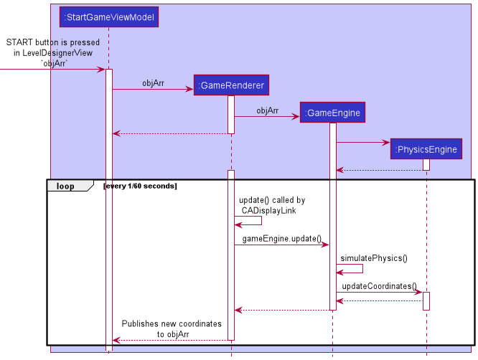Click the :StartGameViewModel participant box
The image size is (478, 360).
tap(108, 16)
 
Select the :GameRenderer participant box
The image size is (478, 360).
tap(231, 85)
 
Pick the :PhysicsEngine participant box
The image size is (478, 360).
tap(426, 149)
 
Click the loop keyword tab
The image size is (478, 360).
tap(66, 186)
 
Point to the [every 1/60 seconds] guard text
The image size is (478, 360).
tap(140, 186)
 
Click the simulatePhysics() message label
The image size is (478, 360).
tap(373, 257)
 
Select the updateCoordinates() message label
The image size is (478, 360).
tap(379, 286)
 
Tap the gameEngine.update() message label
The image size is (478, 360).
tap(281, 238)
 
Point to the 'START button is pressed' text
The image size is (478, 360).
tap(53, 43)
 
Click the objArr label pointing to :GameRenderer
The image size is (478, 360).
tap(153, 83)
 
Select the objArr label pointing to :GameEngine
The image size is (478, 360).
tap(267, 110)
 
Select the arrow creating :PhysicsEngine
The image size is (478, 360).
tap(363, 142)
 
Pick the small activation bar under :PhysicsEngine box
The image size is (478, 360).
tap(426, 164)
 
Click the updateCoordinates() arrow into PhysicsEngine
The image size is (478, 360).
tap(379, 292)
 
